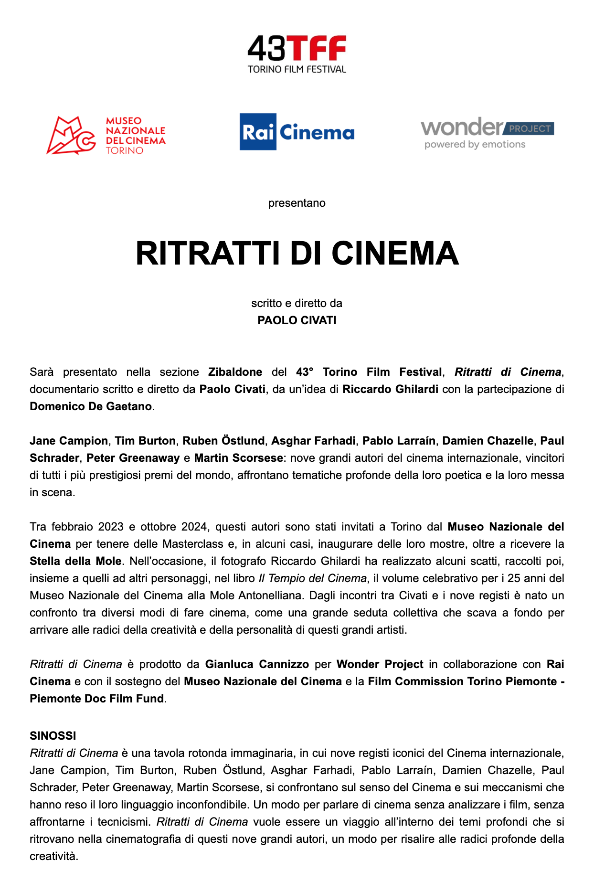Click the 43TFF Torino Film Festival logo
[297, 54]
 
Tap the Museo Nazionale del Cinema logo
[106, 136]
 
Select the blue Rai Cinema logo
[297, 132]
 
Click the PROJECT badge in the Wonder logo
[529, 128]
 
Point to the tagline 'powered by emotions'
[475, 144]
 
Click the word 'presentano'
[297, 203]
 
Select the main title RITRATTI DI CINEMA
[297, 253]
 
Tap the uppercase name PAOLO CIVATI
[297, 320]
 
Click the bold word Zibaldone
[235, 372]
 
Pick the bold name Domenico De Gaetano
[91, 406]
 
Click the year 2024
[193, 527]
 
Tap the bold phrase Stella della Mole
[75, 561]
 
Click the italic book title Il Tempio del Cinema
[312, 578]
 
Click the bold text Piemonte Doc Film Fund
[96, 699]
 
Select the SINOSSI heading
[53, 736]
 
